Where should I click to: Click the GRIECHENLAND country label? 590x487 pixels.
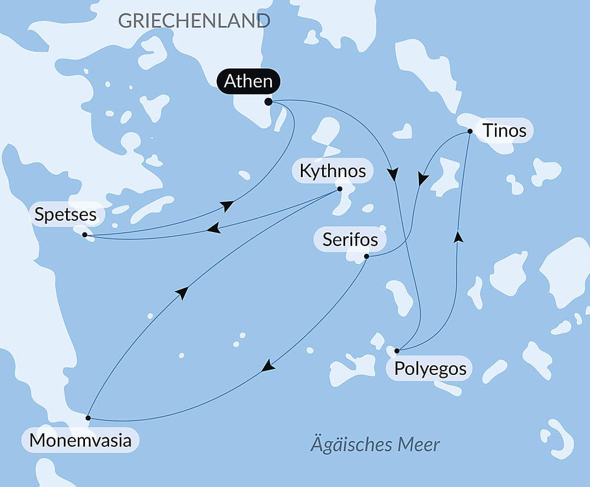[x=194, y=21]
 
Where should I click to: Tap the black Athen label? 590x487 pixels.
[x=248, y=81]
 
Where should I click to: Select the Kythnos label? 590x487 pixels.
[x=333, y=171]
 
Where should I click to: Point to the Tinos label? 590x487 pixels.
[x=504, y=130]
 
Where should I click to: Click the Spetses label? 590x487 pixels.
[x=65, y=214]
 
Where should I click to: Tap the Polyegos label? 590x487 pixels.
[x=430, y=369]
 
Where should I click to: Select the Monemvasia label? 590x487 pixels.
[x=80, y=440]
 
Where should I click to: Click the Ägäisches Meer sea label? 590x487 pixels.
[x=375, y=444]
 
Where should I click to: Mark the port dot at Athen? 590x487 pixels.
[x=268, y=102]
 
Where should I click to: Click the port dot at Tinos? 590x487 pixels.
[x=470, y=131]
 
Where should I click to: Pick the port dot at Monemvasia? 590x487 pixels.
[x=88, y=418]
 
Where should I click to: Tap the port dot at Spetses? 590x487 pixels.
[x=85, y=235]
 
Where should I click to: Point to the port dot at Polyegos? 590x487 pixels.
[x=397, y=351]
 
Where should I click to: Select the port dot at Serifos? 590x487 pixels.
[x=366, y=256]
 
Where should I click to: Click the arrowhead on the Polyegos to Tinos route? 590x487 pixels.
[x=458, y=237]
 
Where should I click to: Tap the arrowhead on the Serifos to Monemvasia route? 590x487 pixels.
[x=268, y=366]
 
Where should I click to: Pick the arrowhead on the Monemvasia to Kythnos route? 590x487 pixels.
[x=182, y=293]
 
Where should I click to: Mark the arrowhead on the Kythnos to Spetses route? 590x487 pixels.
[x=214, y=228]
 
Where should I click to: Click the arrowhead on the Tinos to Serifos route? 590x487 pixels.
[x=422, y=179]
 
